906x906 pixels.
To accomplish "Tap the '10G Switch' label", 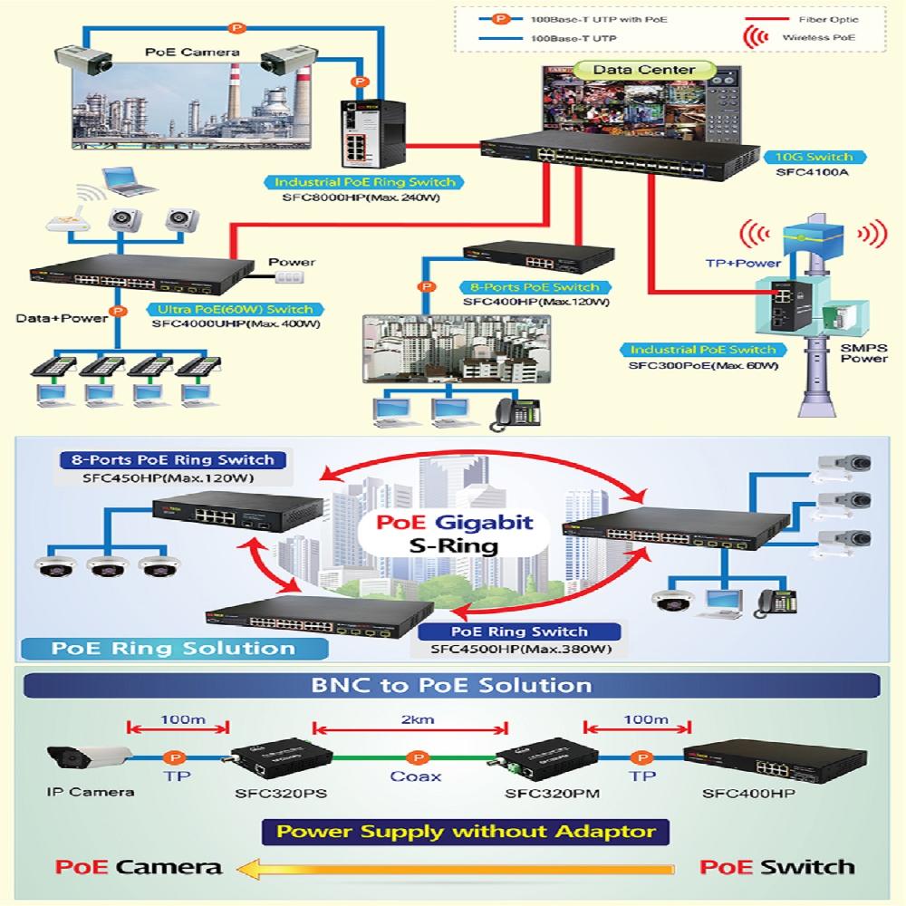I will point(813,156).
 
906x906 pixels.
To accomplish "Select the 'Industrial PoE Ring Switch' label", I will point(366,182).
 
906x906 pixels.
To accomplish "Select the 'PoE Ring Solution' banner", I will point(173,648).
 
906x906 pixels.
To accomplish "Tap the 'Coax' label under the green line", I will point(416,776).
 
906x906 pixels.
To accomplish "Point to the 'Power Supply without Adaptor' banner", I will point(465,831).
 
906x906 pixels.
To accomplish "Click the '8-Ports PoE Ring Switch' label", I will point(173,459).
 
